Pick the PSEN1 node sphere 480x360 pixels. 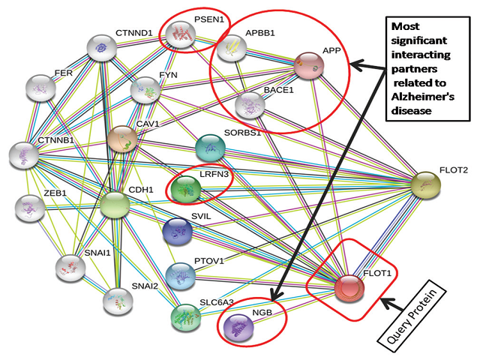pos(181,32)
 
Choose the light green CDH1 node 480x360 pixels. pos(115,205)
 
